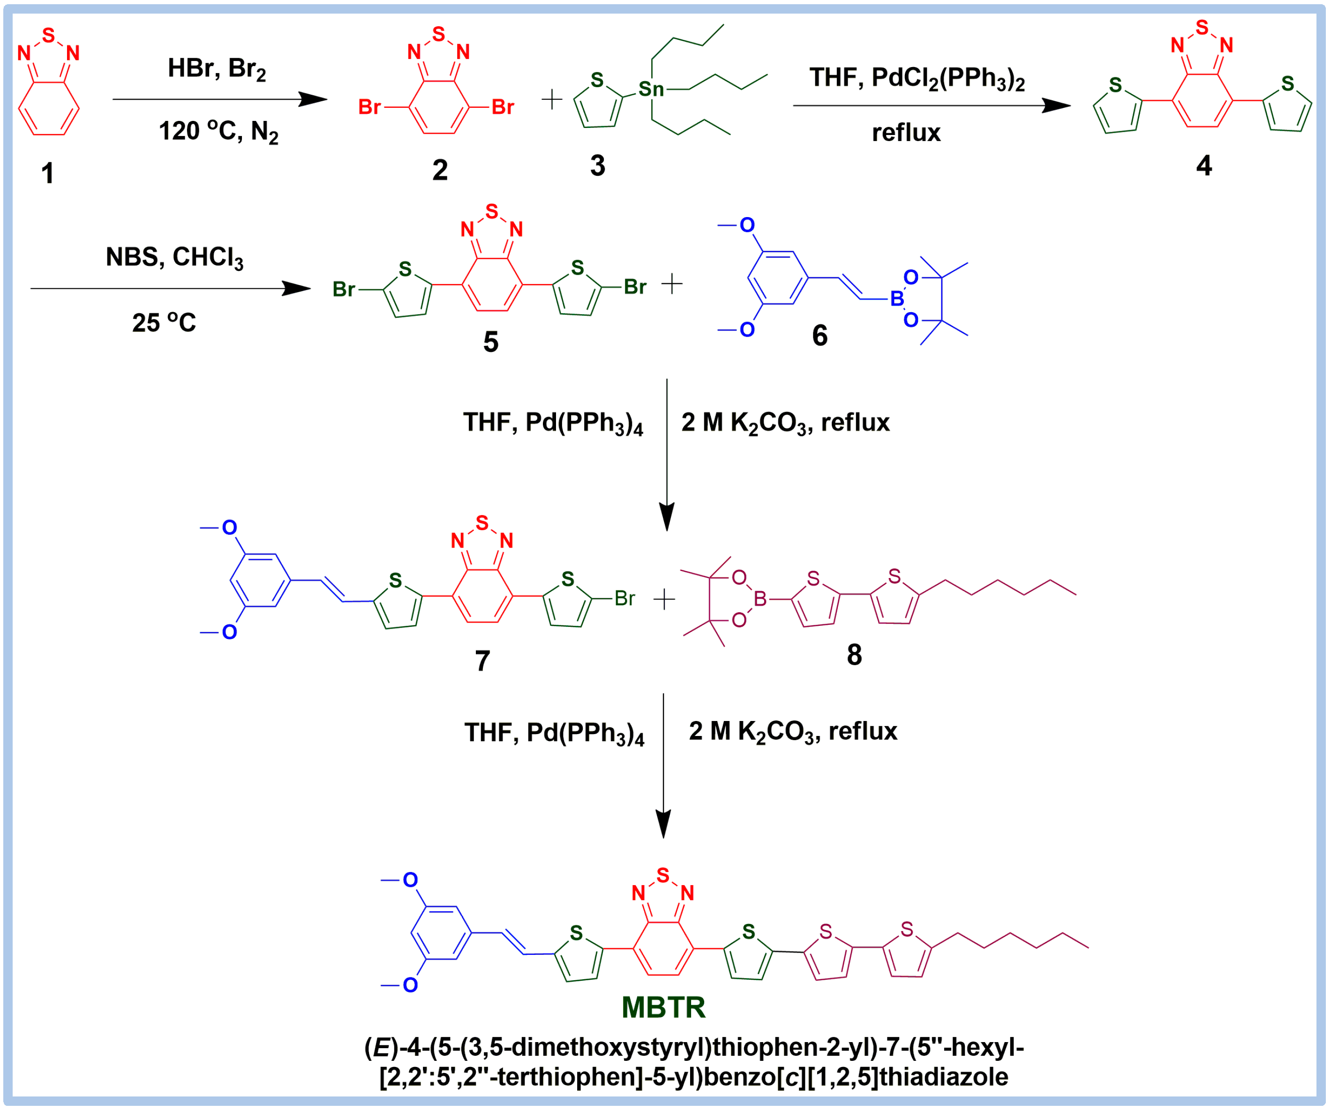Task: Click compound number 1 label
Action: click(x=47, y=173)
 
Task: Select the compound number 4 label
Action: click(x=1203, y=165)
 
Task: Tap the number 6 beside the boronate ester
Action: click(x=820, y=335)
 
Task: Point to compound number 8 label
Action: click(x=854, y=655)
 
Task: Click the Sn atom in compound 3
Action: click(x=651, y=90)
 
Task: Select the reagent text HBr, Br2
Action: click(x=217, y=69)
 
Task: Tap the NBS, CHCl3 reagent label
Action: click(x=174, y=258)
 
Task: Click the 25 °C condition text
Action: click(x=164, y=323)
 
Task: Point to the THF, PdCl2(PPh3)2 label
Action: click(x=917, y=79)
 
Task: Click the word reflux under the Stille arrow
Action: click(x=906, y=133)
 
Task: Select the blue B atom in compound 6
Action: click(x=896, y=299)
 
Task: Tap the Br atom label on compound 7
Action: click(x=624, y=598)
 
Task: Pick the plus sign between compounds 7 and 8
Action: click(x=664, y=600)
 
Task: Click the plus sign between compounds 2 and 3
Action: click(x=552, y=99)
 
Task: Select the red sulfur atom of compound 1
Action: click(x=49, y=35)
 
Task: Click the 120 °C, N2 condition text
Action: click(x=218, y=132)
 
